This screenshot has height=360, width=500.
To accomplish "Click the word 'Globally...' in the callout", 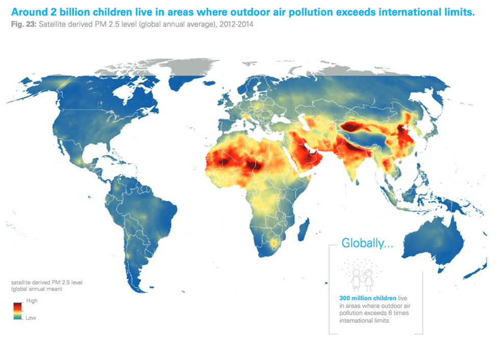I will (367, 243).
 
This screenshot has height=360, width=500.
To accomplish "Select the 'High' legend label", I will (31, 301).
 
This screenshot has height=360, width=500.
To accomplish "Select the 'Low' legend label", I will (31, 318).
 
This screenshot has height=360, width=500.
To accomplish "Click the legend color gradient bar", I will (17, 309).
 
